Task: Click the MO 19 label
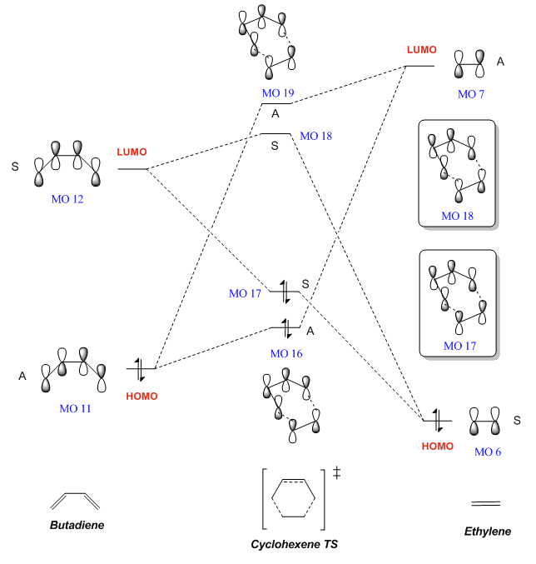pyautogui.click(x=277, y=92)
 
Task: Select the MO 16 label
pyautogui.click(x=285, y=353)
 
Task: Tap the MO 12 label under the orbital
pyautogui.click(x=67, y=199)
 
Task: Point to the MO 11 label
pyautogui.click(x=76, y=408)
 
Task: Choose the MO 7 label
pyautogui.click(x=472, y=93)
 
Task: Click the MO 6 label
pyautogui.click(x=488, y=452)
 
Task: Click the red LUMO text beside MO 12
pyautogui.click(x=132, y=152)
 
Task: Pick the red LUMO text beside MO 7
pyautogui.click(x=421, y=50)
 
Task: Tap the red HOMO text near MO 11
pyautogui.click(x=141, y=396)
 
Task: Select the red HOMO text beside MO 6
pyautogui.click(x=438, y=446)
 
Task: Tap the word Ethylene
pyautogui.click(x=487, y=531)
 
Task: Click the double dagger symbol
pyautogui.click(x=337, y=473)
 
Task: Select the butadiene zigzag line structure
pyautogui.click(x=75, y=500)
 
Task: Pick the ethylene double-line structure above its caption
pyautogui.click(x=486, y=502)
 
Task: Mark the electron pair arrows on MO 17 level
pyautogui.click(x=285, y=292)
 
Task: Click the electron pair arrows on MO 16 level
pyautogui.click(x=285, y=327)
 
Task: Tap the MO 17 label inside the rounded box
pyautogui.click(x=459, y=345)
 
